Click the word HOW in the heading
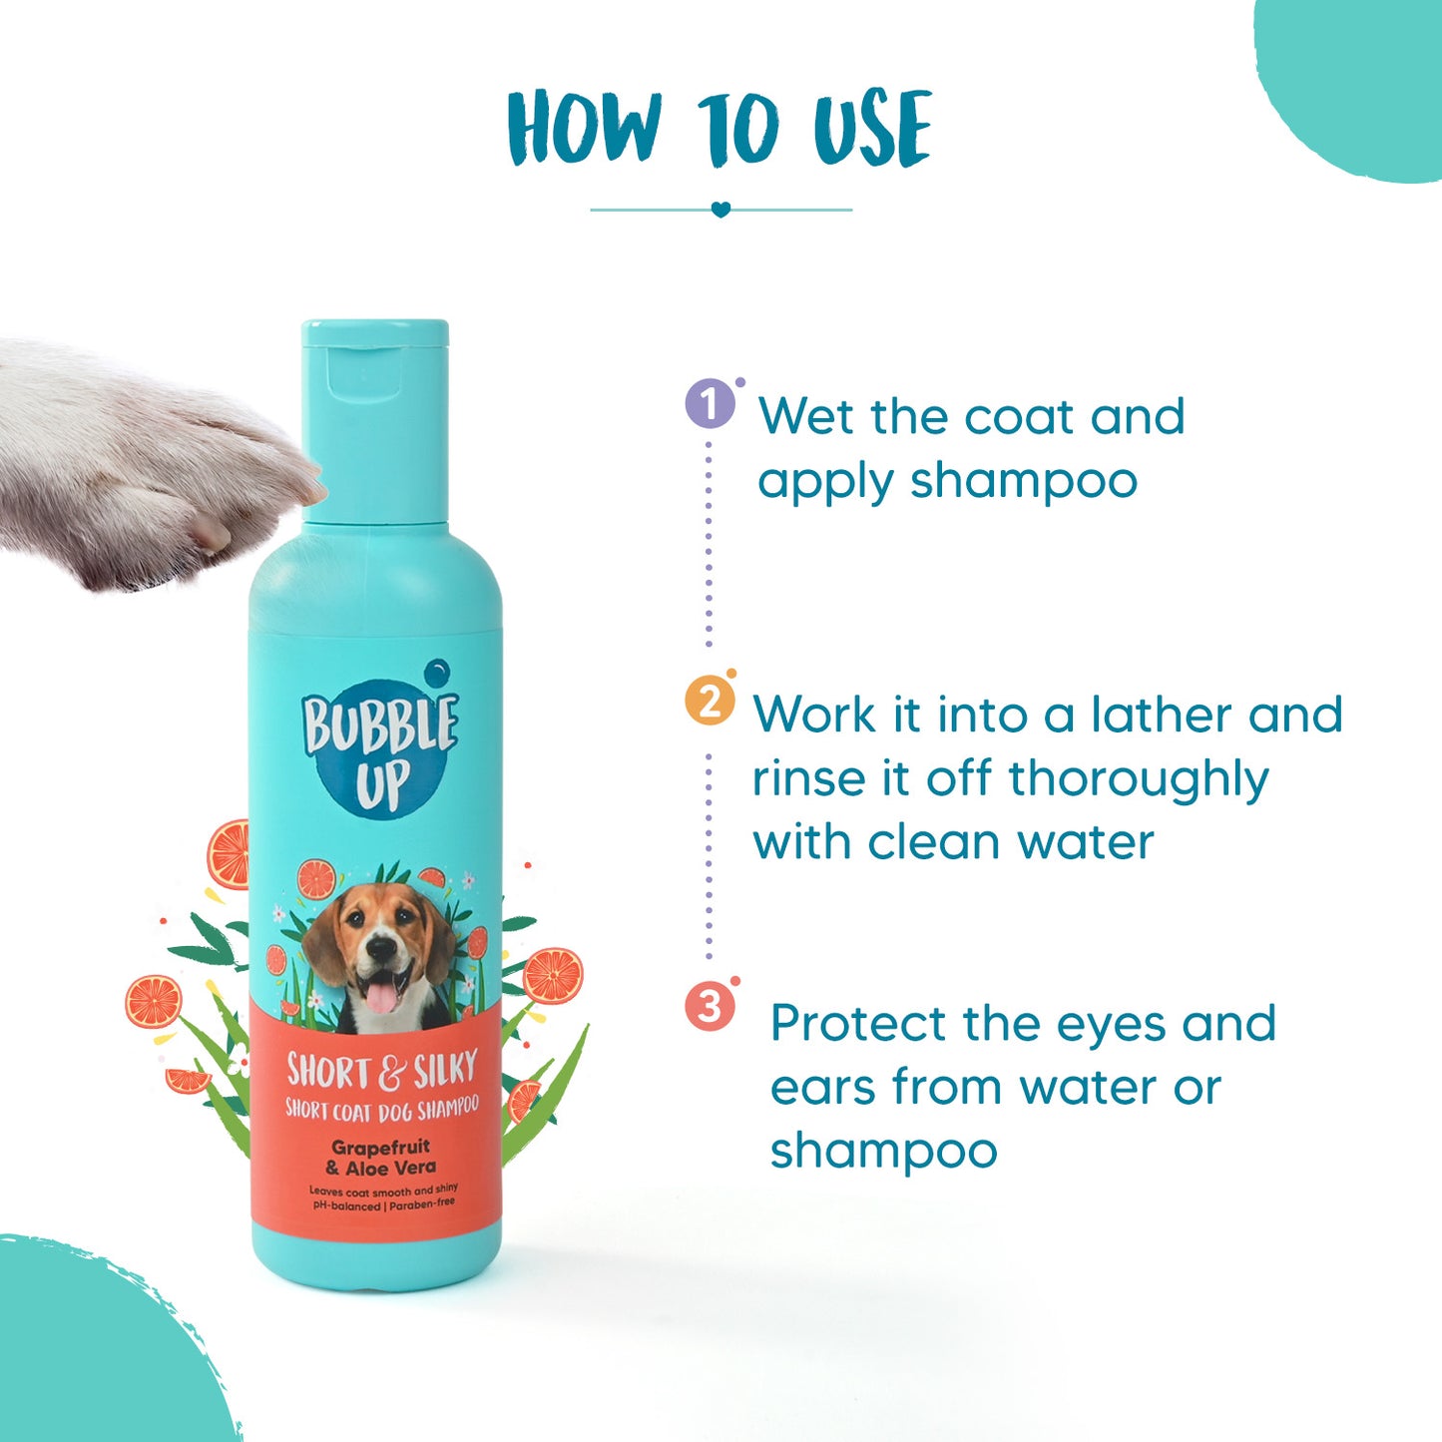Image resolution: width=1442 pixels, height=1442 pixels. [585, 128]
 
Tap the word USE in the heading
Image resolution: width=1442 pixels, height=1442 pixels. [873, 128]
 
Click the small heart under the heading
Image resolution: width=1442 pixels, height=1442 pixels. [721, 210]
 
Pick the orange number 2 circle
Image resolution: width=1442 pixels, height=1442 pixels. [710, 701]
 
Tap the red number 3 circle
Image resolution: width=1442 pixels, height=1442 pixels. [710, 1007]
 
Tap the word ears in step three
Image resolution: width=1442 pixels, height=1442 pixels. [822, 1089]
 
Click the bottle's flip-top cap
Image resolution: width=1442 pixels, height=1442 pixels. [375, 420]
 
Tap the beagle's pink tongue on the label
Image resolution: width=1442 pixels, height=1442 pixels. [381, 995]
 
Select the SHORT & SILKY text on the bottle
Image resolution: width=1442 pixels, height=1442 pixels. [382, 1070]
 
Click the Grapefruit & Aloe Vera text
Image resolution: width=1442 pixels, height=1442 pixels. [381, 1157]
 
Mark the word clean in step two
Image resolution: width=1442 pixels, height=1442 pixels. [935, 843]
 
